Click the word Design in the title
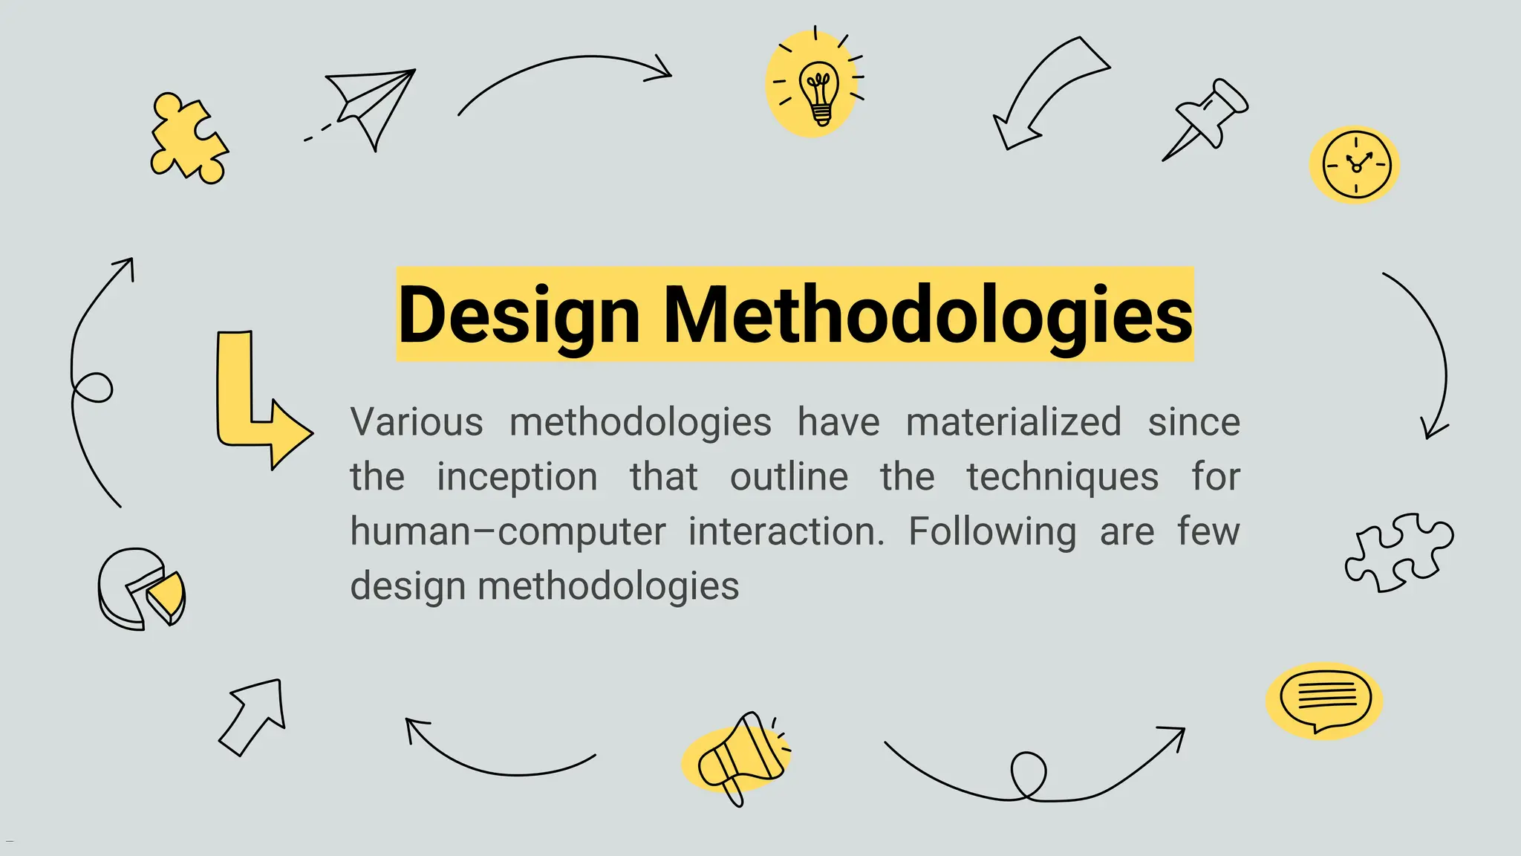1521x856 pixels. [518, 315]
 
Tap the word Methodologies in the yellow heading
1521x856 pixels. [928, 315]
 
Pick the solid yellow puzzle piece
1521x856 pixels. [188, 139]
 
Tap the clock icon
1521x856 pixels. [1355, 165]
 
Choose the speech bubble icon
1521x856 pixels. [1326, 700]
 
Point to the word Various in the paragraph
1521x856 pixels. [417, 422]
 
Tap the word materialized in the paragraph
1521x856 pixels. [1014, 422]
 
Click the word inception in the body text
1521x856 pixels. [517, 477]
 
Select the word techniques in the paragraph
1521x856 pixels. [1062, 477]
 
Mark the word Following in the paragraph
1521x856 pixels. [992, 532]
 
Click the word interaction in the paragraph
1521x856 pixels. [786, 532]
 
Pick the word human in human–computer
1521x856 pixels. [411, 532]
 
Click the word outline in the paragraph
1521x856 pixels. [789, 477]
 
